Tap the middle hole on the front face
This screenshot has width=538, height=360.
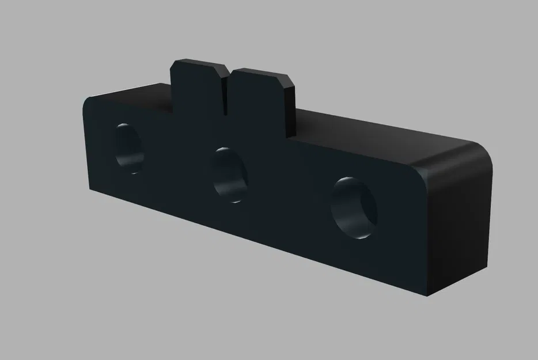(x=229, y=175)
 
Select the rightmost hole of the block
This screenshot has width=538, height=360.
(x=353, y=208)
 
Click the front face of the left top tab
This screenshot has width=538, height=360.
(x=196, y=92)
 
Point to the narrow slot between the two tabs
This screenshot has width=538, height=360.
(x=225, y=92)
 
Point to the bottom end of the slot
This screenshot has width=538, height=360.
(x=225, y=111)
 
